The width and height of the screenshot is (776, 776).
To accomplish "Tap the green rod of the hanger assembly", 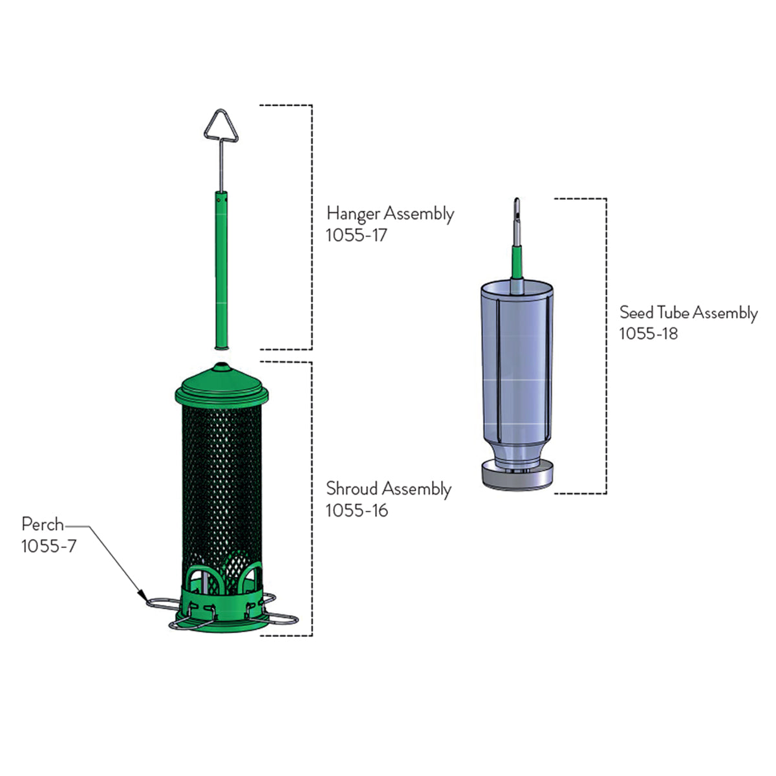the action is pyautogui.click(x=221, y=270).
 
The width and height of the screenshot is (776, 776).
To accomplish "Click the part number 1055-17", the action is pyautogui.click(x=356, y=235).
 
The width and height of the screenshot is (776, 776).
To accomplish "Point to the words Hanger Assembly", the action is pyautogui.click(x=390, y=214).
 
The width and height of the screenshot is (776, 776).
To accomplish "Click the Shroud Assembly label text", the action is pyautogui.click(x=389, y=489).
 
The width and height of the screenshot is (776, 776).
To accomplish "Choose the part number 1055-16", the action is pyautogui.click(x=357, y=511).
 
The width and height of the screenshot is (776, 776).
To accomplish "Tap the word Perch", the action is pyautogui.click(x=43, y=524).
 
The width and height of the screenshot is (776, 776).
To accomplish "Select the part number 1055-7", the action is pyautogui.click(x=48, y=546).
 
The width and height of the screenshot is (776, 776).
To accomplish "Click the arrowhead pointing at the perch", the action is pyautogui.click(x=142, y=594).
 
